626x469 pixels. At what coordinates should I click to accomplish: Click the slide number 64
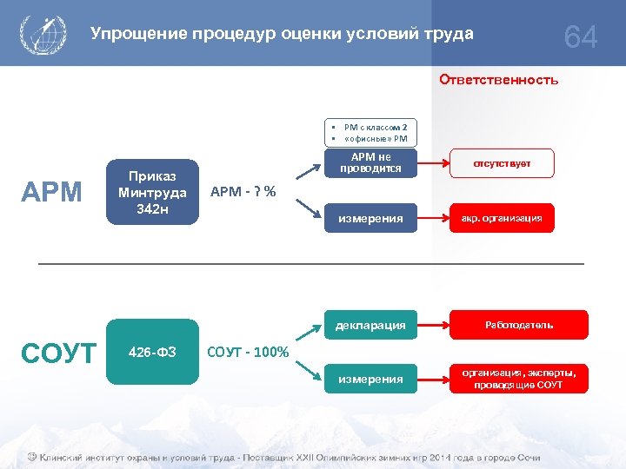click(581, 37)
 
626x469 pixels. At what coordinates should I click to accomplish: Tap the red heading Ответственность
click(498, 80)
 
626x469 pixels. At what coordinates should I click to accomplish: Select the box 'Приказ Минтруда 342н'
click(152, 191)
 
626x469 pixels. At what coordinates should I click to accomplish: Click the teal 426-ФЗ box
click(152, 352)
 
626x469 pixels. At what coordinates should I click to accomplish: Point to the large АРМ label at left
click(51, 191)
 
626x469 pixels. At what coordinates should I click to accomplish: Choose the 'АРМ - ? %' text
click(243, 191)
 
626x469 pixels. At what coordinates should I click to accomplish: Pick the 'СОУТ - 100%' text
click(248, 352)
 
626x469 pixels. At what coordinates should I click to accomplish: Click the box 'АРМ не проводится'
click(370, 163)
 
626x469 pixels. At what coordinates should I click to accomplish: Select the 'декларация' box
click(370, 325)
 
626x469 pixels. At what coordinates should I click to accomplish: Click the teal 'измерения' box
click(370, 379)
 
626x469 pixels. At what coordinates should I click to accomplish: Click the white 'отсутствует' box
click(502, 163)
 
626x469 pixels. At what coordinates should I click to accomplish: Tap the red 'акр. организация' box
click(502, 218)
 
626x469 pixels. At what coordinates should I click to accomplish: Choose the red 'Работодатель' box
click(518, 325)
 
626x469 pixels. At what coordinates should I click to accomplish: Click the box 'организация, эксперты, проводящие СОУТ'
click(518, 379)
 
